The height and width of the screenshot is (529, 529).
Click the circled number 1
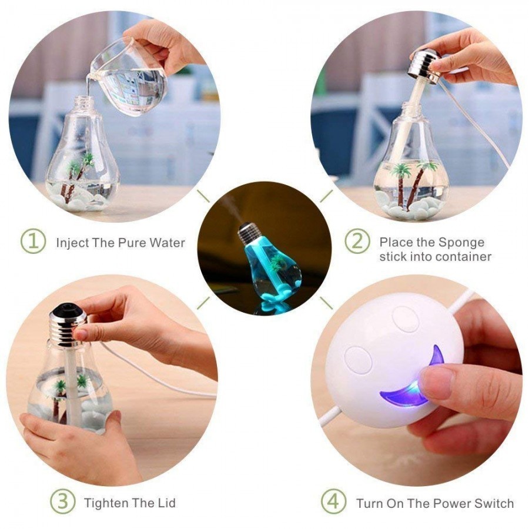(34, 242)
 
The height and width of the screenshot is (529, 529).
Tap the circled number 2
(357, 242)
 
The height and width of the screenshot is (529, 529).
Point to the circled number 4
(333, 503)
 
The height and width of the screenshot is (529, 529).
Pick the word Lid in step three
(165, 503)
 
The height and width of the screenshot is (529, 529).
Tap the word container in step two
(460, 257)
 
